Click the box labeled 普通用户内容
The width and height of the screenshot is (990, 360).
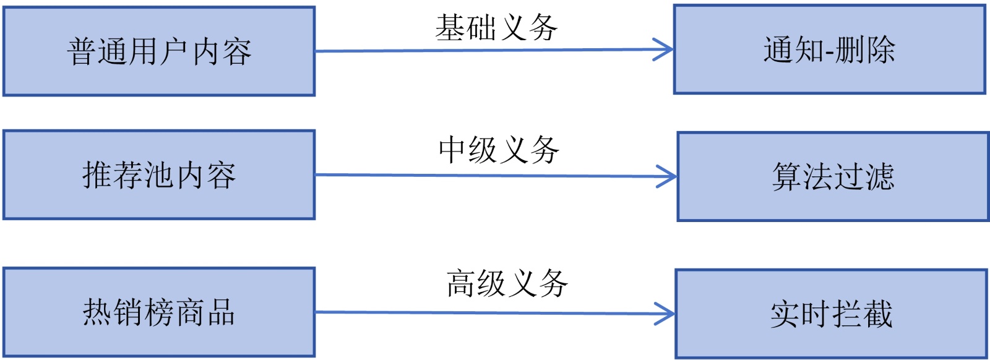tap(159, 51)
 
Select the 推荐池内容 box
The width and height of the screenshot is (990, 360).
tap(159, 175)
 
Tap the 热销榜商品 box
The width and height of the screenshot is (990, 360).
tap(159, 312)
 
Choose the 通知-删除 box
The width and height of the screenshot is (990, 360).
tap(829, 50)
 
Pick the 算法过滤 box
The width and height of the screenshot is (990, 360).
tap(833, 177)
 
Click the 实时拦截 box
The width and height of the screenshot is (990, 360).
tap(831, 314)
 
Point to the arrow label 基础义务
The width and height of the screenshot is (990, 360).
tap(496, 28)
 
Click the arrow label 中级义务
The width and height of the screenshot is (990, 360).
tap(499, 150)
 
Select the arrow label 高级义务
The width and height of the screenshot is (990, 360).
tap(507, 284)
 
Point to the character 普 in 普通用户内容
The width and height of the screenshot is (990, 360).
tap(82, 51)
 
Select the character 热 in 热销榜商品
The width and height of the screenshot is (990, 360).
tap(98, 312)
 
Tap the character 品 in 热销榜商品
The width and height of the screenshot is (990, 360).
tap(221, 312)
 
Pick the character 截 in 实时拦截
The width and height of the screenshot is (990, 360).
tap(878, 314)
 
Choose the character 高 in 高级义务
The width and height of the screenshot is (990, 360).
tap(461, 284)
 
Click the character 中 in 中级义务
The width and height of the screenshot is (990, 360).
tap(453, 150)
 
